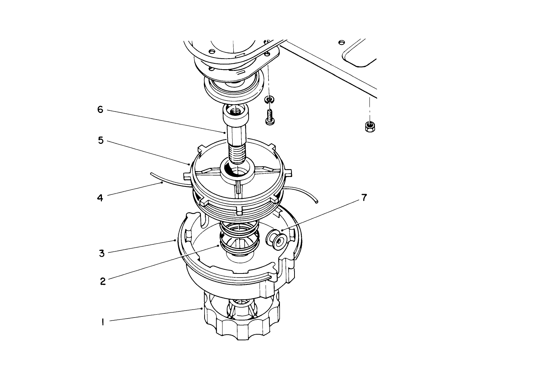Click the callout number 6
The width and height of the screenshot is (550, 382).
[100, 110]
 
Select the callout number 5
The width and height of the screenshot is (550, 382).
[101, 140]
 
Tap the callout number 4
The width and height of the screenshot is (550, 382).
[100, 198]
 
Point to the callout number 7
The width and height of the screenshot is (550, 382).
[364, 198]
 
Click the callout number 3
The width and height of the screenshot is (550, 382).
[102, 253]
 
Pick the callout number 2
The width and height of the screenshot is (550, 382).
[103, 281]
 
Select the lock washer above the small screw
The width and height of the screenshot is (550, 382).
[269, 99]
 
